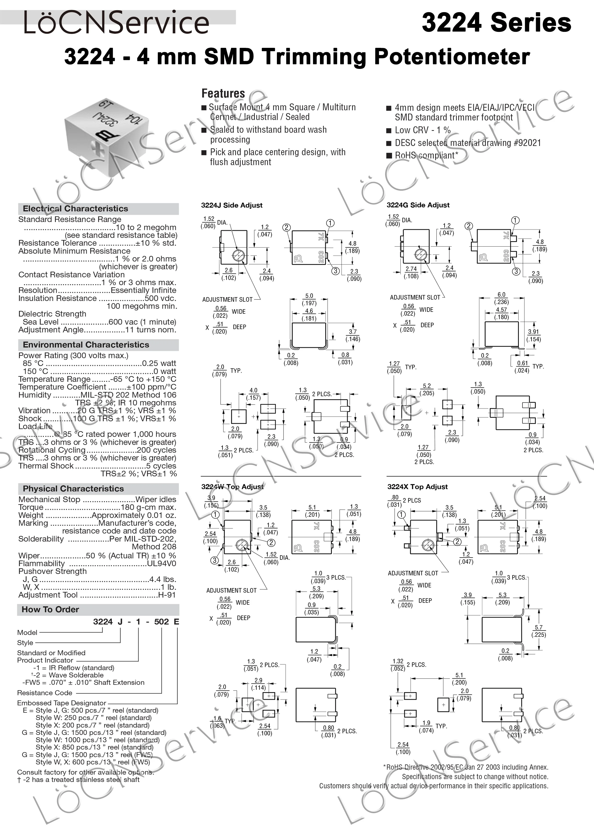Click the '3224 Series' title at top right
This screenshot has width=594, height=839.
point(496,23)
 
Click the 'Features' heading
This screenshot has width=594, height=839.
point(223,94)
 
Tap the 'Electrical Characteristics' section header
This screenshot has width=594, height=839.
point(75,209)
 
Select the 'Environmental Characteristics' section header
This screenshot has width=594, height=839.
point(86,344)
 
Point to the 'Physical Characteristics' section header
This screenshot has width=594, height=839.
point(73,489)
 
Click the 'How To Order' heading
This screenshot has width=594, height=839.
point(50,609)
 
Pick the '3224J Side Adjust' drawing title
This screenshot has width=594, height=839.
point(232,205)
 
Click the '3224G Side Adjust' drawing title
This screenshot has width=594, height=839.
point(418,205)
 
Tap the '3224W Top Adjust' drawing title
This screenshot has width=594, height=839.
point(232,487)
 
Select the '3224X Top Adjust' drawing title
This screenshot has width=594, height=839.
point(417,487)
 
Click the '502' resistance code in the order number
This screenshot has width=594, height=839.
point(161,622)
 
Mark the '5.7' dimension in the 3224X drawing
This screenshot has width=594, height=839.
point(538,627)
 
